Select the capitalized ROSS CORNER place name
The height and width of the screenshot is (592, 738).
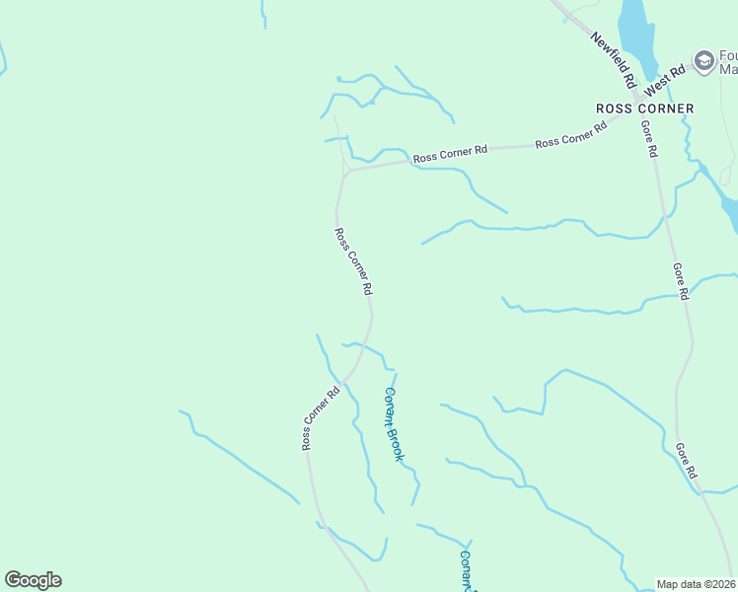click(644, 109)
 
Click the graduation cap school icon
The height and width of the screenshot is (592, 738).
click(704, 61)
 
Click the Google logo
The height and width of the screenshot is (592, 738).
click(33, 580)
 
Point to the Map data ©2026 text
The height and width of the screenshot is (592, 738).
click(697, 584)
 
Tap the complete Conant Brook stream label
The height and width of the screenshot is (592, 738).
click(394, 424)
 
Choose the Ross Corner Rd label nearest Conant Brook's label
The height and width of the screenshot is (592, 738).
click(321, 418)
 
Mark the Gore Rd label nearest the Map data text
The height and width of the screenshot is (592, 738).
click(687, 462)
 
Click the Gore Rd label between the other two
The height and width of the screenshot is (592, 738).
click(680, 280)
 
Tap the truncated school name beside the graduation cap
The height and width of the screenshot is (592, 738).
click(728, 62)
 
